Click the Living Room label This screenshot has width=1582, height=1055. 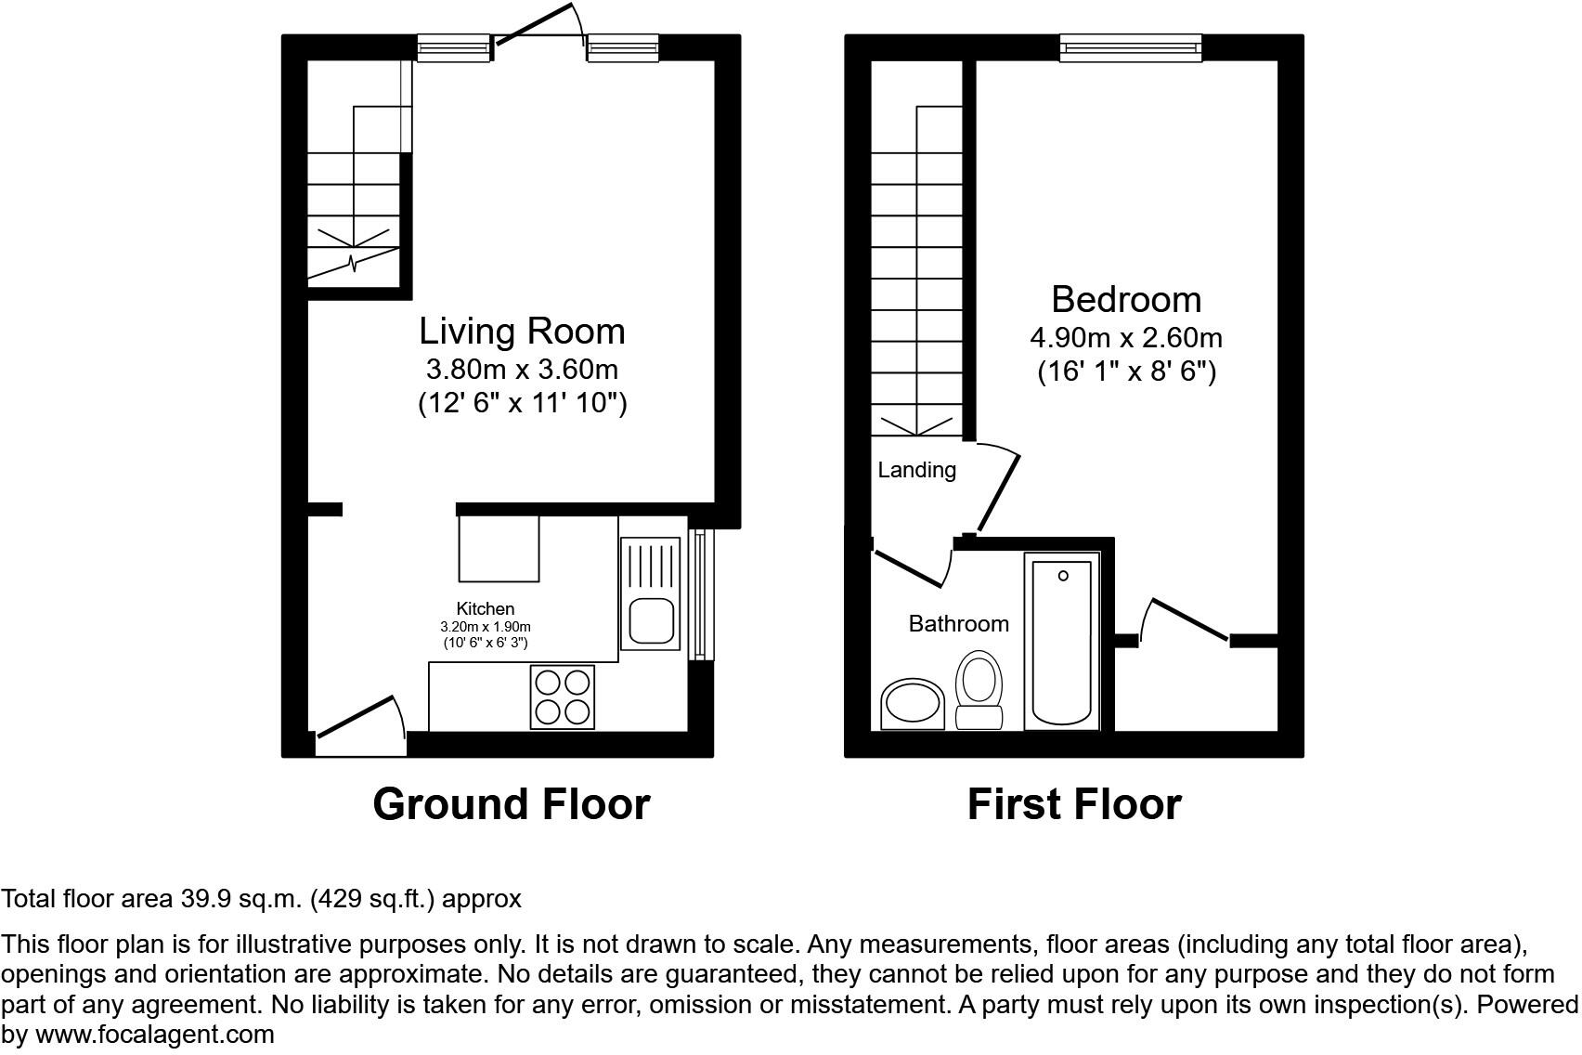coord(522,332)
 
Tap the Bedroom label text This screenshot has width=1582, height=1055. coord(1126,299)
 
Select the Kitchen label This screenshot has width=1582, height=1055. coord(485,608)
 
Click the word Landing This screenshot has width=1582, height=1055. coord(916,470)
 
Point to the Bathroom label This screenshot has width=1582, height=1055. coord(958,623)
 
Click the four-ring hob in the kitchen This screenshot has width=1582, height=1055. coord(563,697)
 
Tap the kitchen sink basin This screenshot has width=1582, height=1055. coord(651,621)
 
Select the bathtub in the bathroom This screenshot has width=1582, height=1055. coord(1062,641)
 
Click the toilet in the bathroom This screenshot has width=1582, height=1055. coord(979,689)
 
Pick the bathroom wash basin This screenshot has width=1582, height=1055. coord(912,703)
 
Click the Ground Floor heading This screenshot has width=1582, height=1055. coord(511,804)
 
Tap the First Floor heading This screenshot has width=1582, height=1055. coord(1074,804)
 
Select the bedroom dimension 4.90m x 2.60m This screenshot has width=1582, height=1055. coord(1126,337)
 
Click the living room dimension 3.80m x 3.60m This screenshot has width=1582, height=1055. coord(522,370)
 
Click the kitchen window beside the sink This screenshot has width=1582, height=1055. coord(700,593)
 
